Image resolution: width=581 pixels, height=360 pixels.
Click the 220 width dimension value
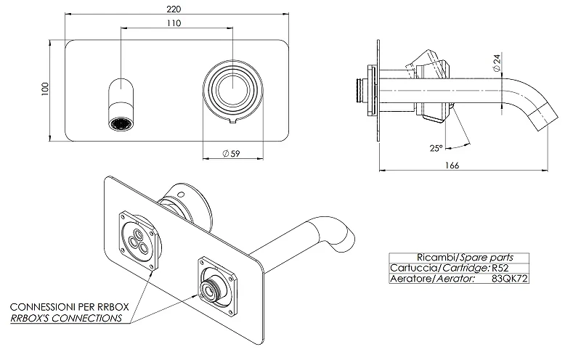pos(174,9)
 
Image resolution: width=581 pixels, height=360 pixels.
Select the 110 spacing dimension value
pos(174,23)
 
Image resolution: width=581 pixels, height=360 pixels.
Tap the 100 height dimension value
pos(45,89)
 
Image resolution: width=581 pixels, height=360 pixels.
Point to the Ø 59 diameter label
pos(231,153)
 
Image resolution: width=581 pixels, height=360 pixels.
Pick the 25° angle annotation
pos(436,148)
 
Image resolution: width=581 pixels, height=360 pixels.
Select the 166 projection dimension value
pos(452,165)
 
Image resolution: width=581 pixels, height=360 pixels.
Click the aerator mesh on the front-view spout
pos(121,123)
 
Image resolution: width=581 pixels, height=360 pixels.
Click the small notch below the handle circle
pos(232,120)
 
